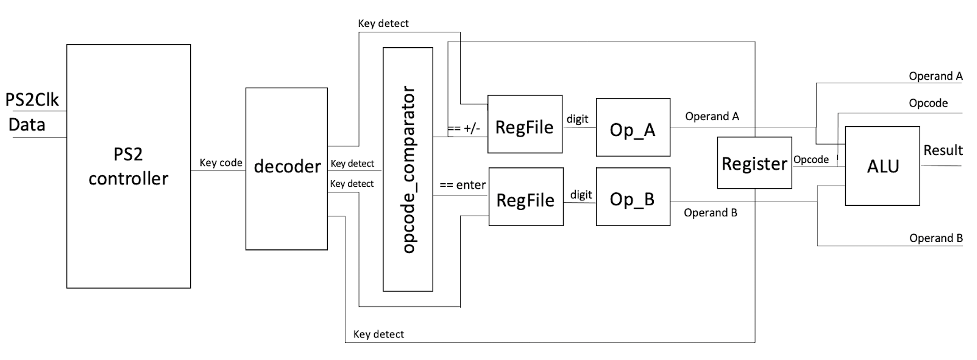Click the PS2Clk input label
(36, 101)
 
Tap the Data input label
(28, 124)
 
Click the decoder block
(285, 168)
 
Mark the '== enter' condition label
(461, 186)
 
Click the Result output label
(942, 150)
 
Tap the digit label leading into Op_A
(577, 119)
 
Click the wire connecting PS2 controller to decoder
(220, 171)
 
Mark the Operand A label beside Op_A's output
(713, 117)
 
